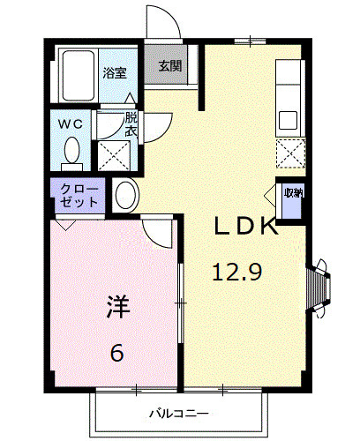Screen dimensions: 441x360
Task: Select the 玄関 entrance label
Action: coord(169,66)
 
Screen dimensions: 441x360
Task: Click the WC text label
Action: coord(71,124)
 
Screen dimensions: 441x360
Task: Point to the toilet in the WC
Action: coord(72,153)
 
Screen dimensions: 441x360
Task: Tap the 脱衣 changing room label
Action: coord(131,123)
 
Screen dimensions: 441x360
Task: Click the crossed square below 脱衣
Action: coord(114,153)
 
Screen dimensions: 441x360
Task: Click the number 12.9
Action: coord(236,273)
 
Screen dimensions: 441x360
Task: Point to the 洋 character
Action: coord(118,309)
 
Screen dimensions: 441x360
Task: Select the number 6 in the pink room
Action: coord(116,354)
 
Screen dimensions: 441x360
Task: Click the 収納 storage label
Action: coord(292,193)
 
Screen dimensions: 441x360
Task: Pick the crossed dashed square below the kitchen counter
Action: coord(289,153)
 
